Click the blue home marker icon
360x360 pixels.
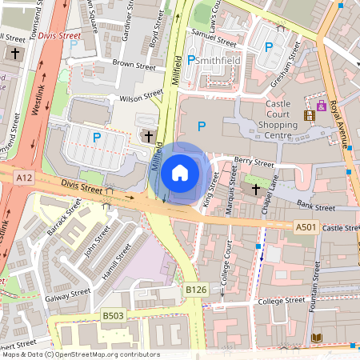180,172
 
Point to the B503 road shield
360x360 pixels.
113,317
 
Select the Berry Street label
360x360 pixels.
254,163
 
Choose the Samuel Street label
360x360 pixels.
214,38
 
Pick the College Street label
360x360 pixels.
284,301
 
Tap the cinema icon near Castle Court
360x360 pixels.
309,115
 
